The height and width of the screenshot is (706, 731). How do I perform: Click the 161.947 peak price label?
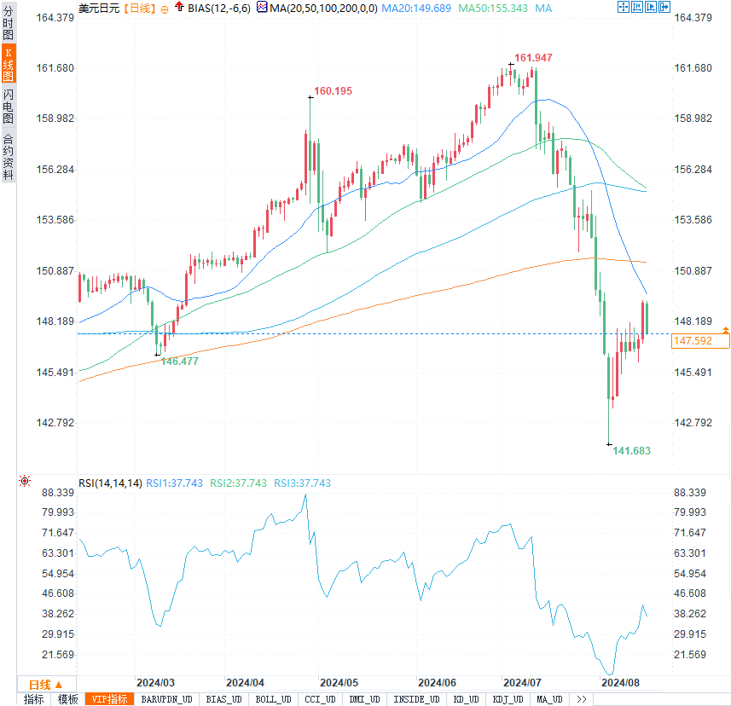tap(533, 58)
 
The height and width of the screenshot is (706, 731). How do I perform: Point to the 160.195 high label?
tap(333, 90)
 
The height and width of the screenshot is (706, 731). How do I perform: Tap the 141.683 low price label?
tap(632, 450)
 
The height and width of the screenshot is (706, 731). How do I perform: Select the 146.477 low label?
tap(180, 362)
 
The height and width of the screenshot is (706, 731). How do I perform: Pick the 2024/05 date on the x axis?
tap(339, 683)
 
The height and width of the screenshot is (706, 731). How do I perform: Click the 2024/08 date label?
tap(620, 683)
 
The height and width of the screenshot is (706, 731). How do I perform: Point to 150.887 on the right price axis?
tap(693, 271)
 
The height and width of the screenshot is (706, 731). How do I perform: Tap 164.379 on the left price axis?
tap(53, 18)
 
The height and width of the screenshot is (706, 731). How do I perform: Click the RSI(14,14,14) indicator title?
tap(110, 483)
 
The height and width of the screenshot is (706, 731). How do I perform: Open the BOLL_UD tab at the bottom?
tap(273, 700)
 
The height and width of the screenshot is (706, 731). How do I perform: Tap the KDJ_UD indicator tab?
tap(508, 700)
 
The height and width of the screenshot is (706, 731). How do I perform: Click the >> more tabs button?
tap(582, 700)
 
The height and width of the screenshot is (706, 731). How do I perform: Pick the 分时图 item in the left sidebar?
tap(8, 26)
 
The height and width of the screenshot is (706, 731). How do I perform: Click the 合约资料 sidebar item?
tap(8, 156)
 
